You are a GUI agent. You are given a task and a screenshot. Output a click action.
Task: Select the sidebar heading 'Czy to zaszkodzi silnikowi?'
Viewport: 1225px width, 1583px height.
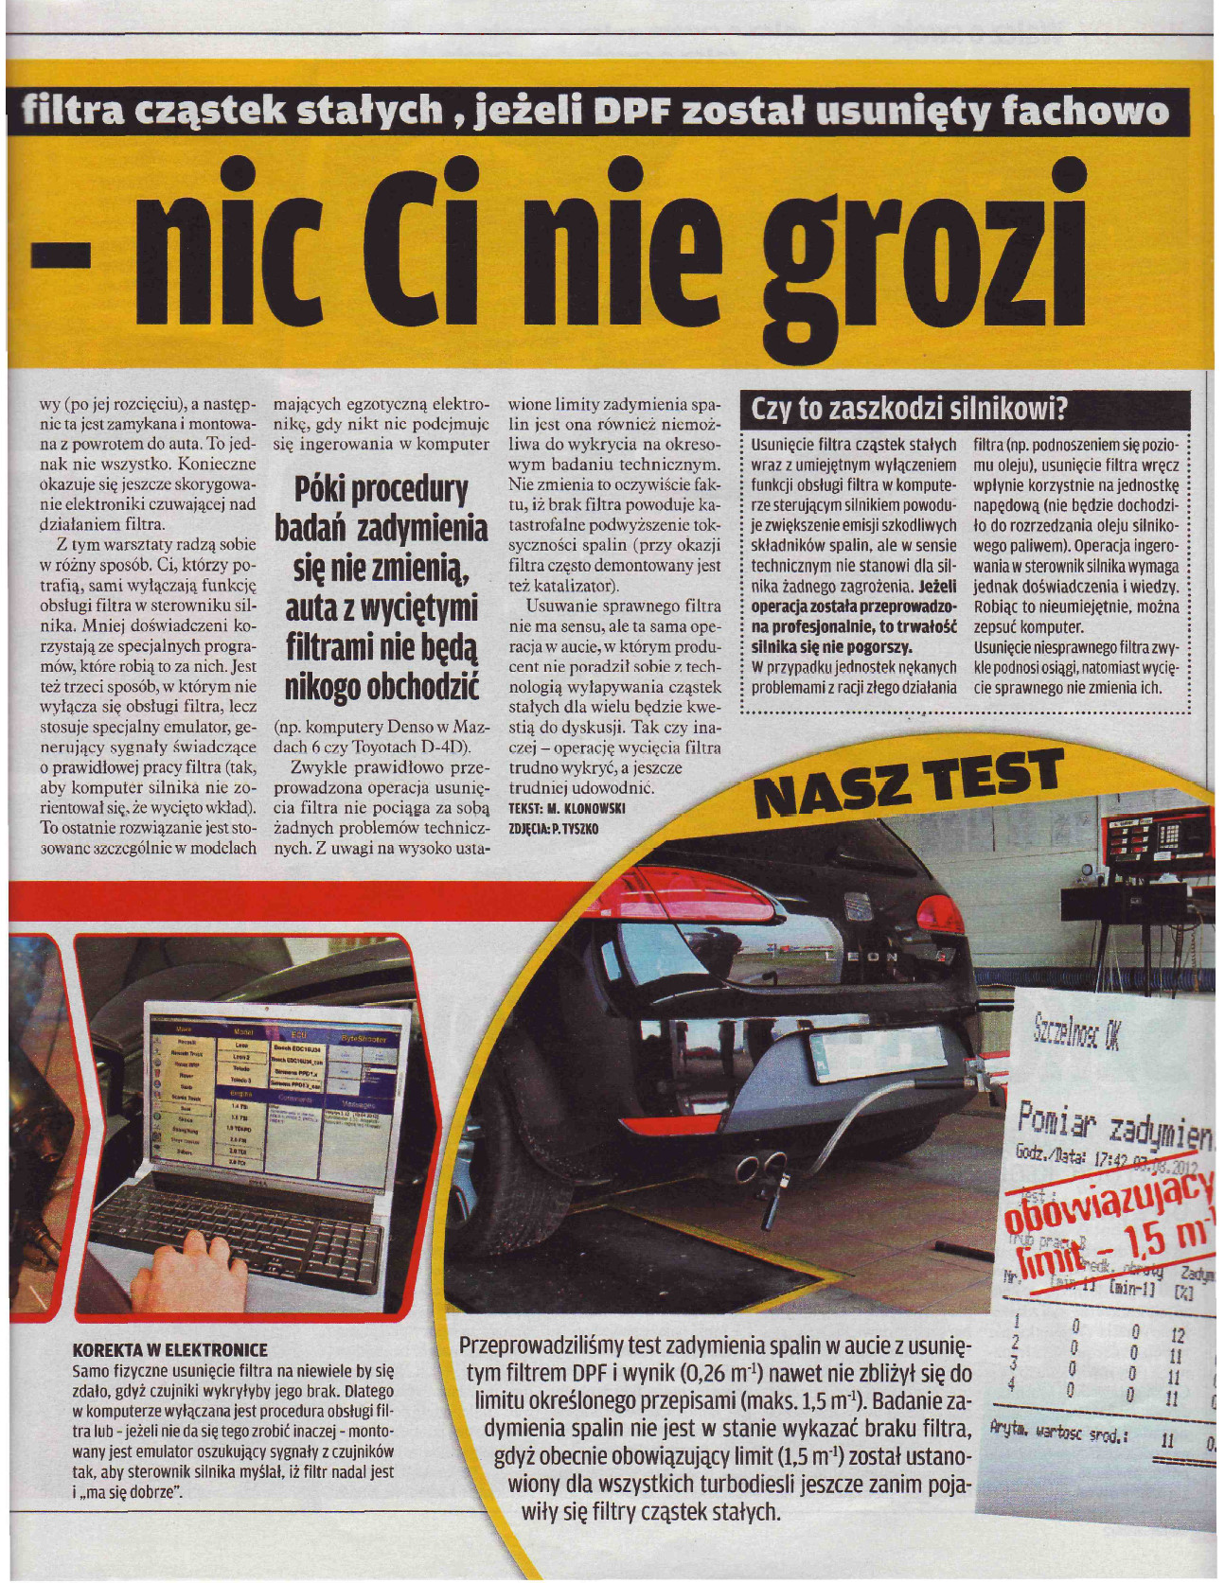pyautogui.click(x=909, y=409)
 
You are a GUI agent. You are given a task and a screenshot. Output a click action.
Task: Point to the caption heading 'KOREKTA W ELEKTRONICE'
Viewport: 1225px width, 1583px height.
pyautogui.click(x=170, y=1349)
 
